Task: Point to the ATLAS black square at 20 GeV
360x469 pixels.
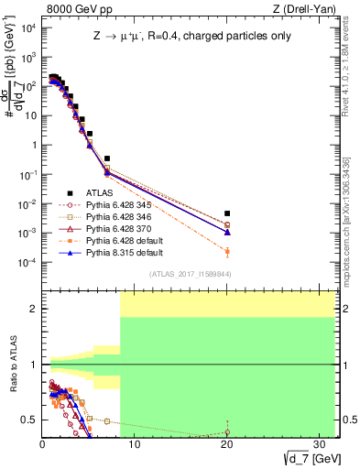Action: click(227, 213)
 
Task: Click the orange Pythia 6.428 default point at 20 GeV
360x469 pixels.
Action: click(227, 251)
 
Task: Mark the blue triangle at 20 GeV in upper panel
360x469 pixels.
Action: click(227, 232)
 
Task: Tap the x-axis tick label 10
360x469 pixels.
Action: click(135, 444)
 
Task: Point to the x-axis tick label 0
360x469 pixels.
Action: click(43, 444)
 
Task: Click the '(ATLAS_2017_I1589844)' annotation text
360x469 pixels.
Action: click(191, 274)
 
